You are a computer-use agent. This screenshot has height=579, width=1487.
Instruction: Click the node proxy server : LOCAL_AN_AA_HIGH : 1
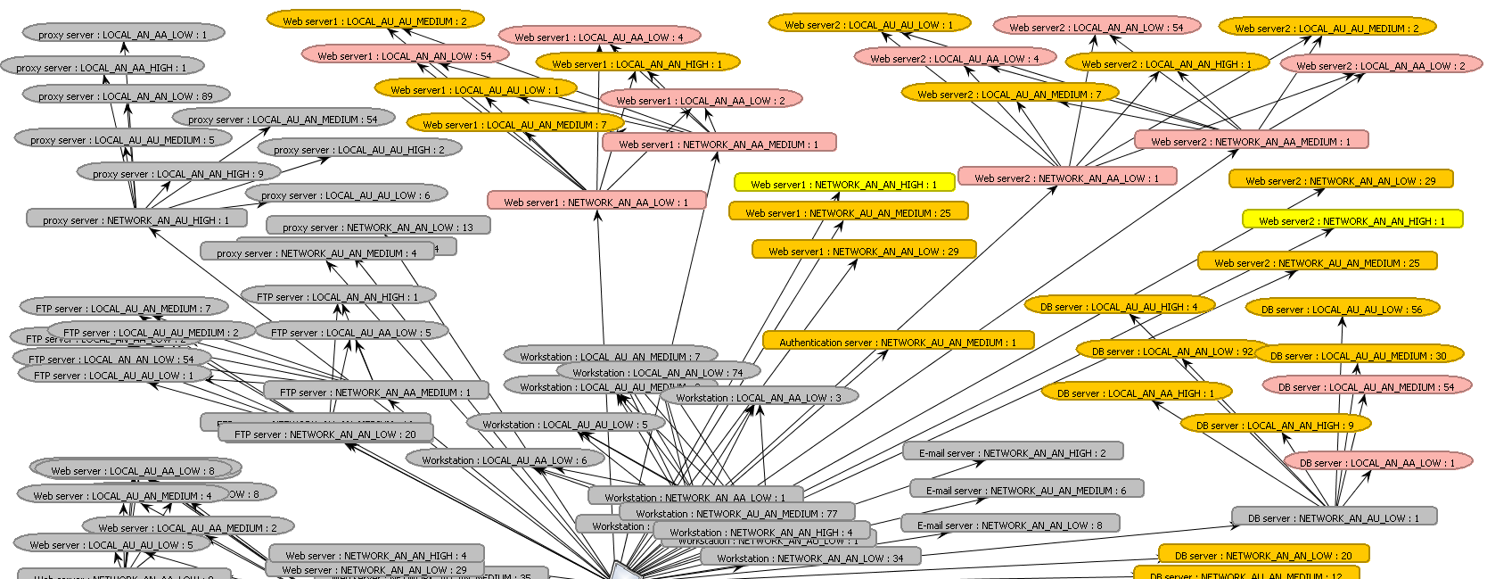[x=103, y=67]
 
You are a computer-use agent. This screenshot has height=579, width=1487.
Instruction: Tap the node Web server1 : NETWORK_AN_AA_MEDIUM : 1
[x=719, y=144]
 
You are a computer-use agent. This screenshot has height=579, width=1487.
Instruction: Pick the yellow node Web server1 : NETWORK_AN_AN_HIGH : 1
[x=843, y=184]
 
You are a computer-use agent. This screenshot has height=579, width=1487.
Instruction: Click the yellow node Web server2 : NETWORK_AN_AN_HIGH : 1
[x=1351, y=220]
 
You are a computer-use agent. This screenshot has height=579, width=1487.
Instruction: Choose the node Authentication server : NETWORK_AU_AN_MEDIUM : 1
[x=898, y=342]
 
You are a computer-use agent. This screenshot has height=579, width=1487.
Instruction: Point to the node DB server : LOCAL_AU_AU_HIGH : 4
[x=1118, y=306]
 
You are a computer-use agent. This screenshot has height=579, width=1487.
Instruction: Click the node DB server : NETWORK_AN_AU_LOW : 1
[x=1334, y=517]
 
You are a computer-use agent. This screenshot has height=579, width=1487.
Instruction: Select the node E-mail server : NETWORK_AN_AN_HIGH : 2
[x=1012, y=452]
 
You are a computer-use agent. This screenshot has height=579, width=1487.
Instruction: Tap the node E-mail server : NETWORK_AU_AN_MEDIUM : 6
[x=1025, y=490]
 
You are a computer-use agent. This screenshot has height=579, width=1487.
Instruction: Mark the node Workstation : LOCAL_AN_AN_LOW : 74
[x=657, y=372]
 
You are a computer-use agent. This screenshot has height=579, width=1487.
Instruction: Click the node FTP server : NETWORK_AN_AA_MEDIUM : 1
[x=375, y=392]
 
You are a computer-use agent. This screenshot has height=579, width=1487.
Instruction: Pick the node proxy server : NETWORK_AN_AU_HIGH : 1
[x=136, y=219]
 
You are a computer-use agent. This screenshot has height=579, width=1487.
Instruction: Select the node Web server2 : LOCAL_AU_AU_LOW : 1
[x=868, y=24]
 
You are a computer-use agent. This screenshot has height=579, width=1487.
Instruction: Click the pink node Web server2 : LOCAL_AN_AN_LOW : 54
[x=1096, y=27]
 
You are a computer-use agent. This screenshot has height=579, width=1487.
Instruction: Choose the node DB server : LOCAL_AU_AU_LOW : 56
[x=1341, y=309]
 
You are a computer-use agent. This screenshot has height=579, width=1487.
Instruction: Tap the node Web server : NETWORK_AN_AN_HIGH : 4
[x=375, y=555]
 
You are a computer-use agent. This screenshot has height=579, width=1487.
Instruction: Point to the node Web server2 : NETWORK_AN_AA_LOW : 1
[x=1066, y=178]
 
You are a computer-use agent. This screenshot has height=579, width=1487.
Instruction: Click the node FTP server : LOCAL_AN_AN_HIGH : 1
[x=337, y=296]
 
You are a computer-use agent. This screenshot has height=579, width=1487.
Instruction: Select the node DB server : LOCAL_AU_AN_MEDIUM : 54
[x=1366, y=386]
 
